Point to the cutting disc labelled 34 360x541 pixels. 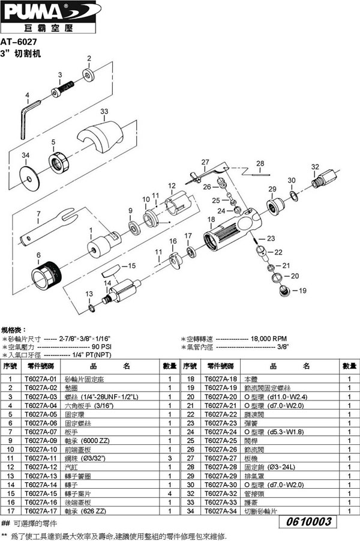pyautogui.click(x=26, y=177)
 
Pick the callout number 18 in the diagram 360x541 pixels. pyautogui.click(x=211, y=220)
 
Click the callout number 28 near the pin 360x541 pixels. pyautogui.click(x=260, y=163)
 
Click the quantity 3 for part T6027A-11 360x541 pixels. pyautogui.click(x=170, y=458)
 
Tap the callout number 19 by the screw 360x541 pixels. pyautogui.click(x=303, y=290)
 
